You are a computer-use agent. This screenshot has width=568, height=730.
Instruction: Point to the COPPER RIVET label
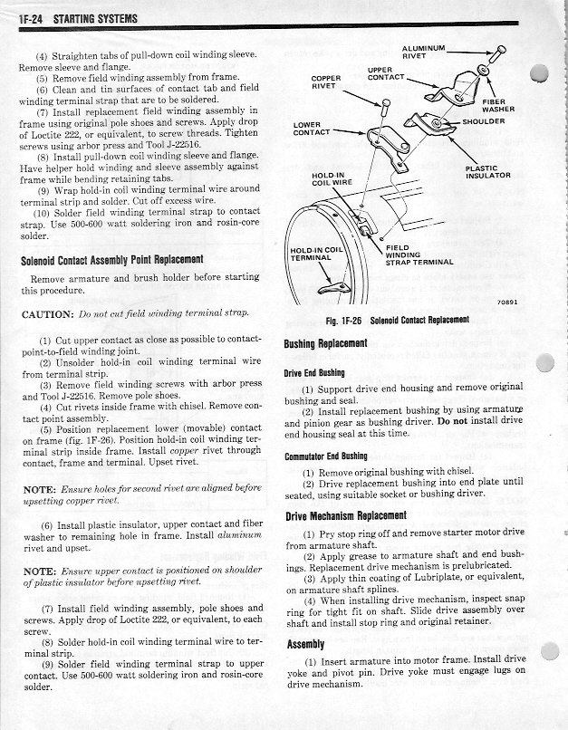click(326, 82)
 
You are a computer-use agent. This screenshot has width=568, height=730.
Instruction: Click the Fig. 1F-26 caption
click(397, 321)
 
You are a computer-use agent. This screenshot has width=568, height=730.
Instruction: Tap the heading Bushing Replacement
click(325, 344)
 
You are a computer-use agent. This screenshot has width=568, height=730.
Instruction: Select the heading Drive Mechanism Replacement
click(346, 516)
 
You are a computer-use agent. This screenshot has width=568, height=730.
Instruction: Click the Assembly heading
click(306, 644)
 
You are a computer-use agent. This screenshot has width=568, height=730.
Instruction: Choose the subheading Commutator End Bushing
click(326, 456)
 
